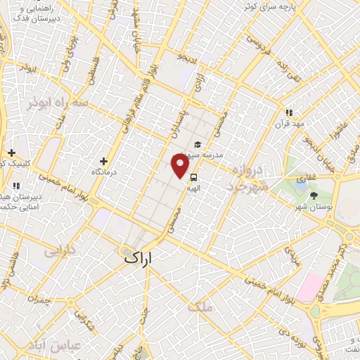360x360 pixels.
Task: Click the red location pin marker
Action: (x=180, y=166)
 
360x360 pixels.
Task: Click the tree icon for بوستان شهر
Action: (x=314, y=196)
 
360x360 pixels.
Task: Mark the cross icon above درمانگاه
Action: (x=104, y=161)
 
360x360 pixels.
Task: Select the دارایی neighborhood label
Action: (x=60, y=250)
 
